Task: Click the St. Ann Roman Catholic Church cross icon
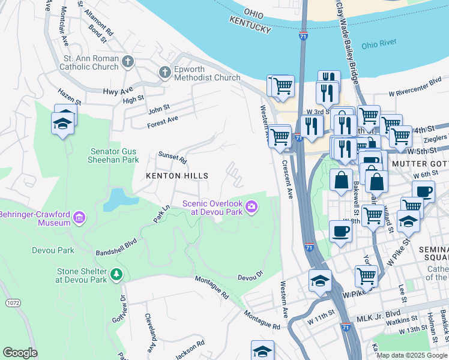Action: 127,61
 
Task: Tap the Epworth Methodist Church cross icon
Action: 164,73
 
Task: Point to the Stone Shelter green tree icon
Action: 116,275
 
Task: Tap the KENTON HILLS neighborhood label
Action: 178,176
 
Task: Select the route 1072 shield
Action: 13,304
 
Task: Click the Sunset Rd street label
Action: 172,158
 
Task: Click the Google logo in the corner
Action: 20,352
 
